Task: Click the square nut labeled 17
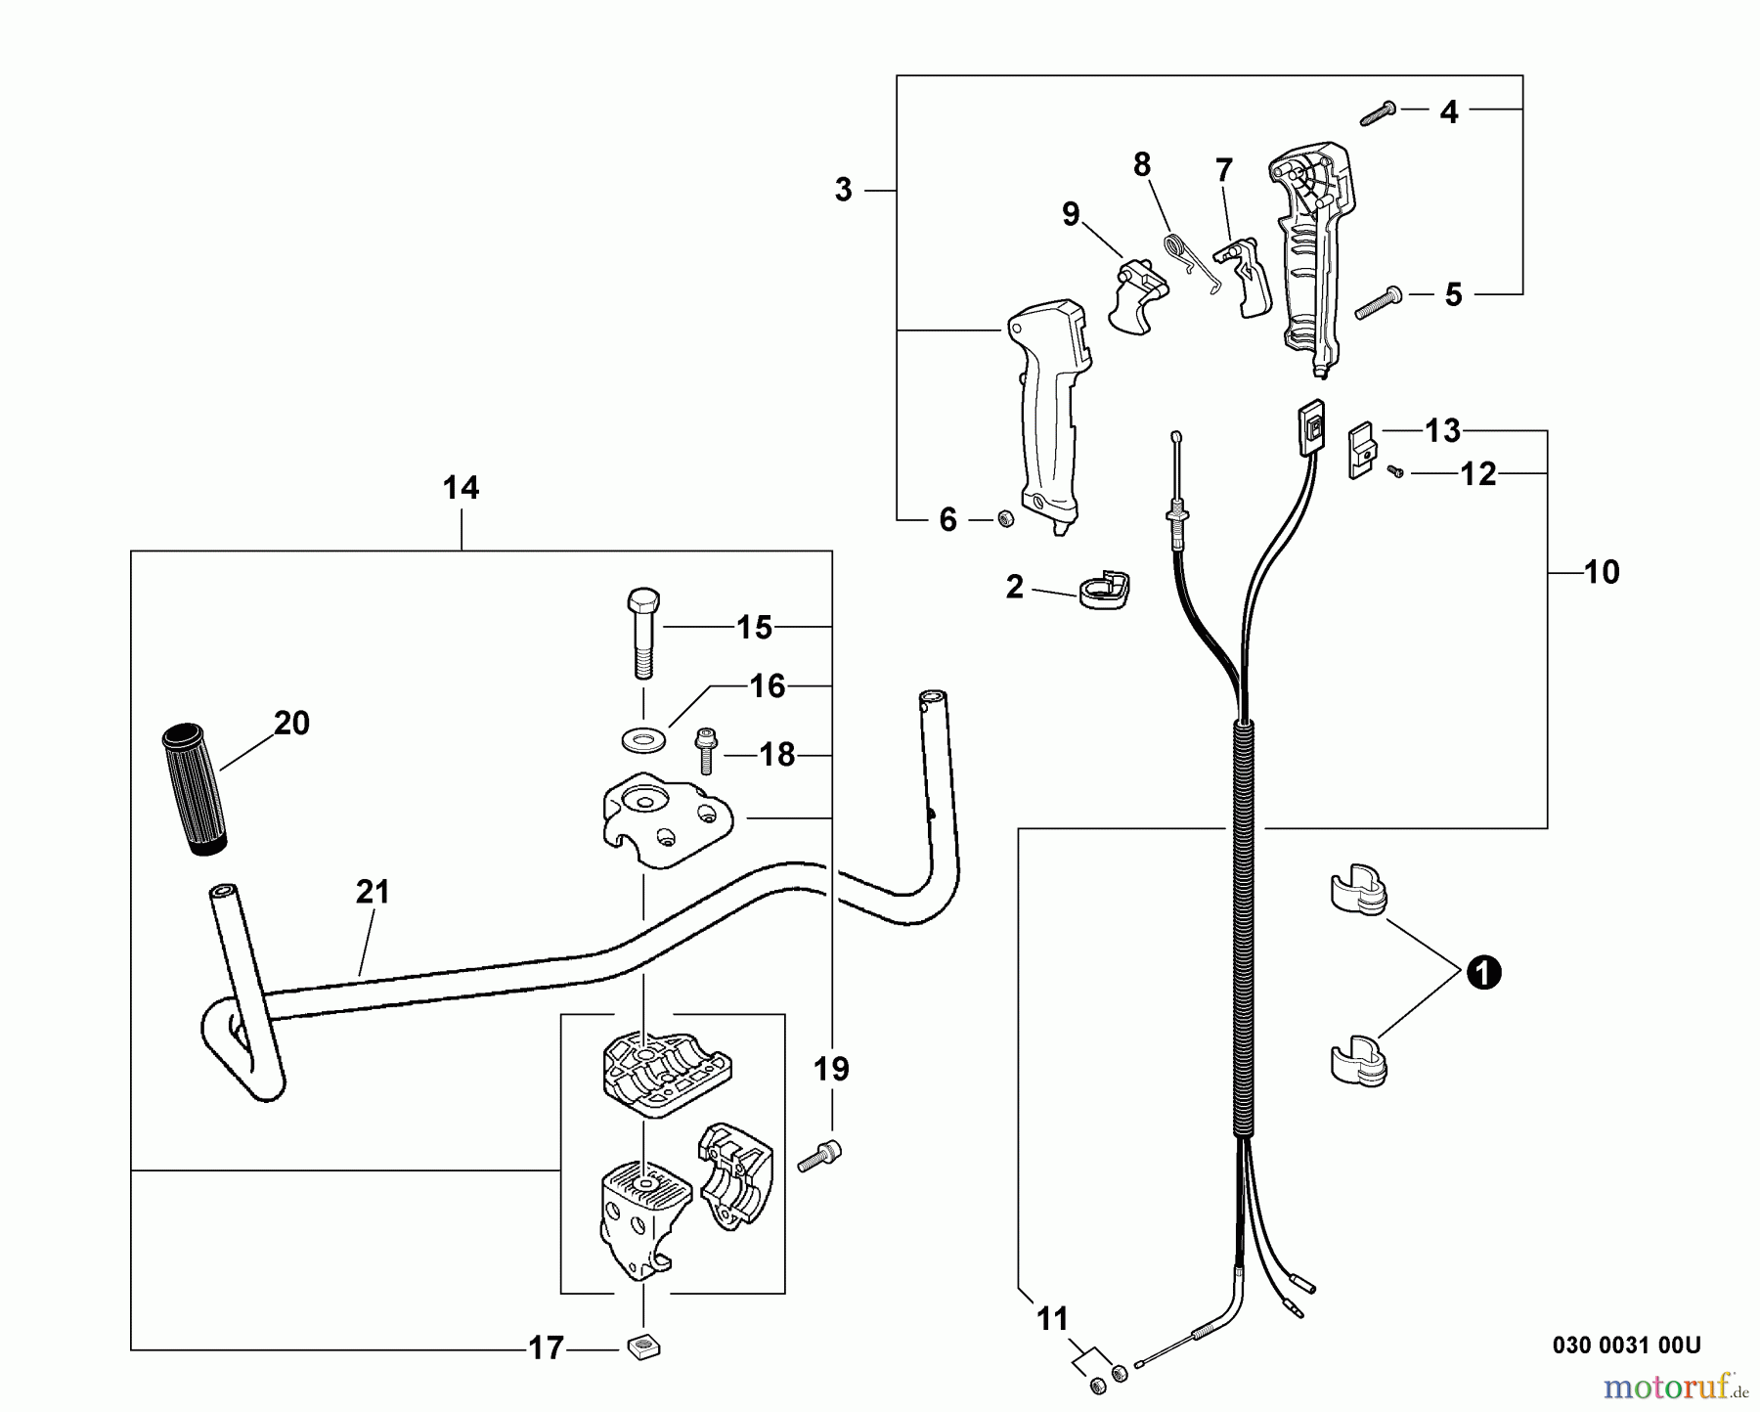(x=642, y=1347)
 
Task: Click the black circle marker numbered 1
(x=1482, y=973)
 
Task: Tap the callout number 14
(x=461, y=488)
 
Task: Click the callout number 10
(x=1601, y=572)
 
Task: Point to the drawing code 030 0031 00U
(x=1626, y=1346)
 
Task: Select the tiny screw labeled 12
(x=1396, y=472)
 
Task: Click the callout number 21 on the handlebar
(x=373, y=893)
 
